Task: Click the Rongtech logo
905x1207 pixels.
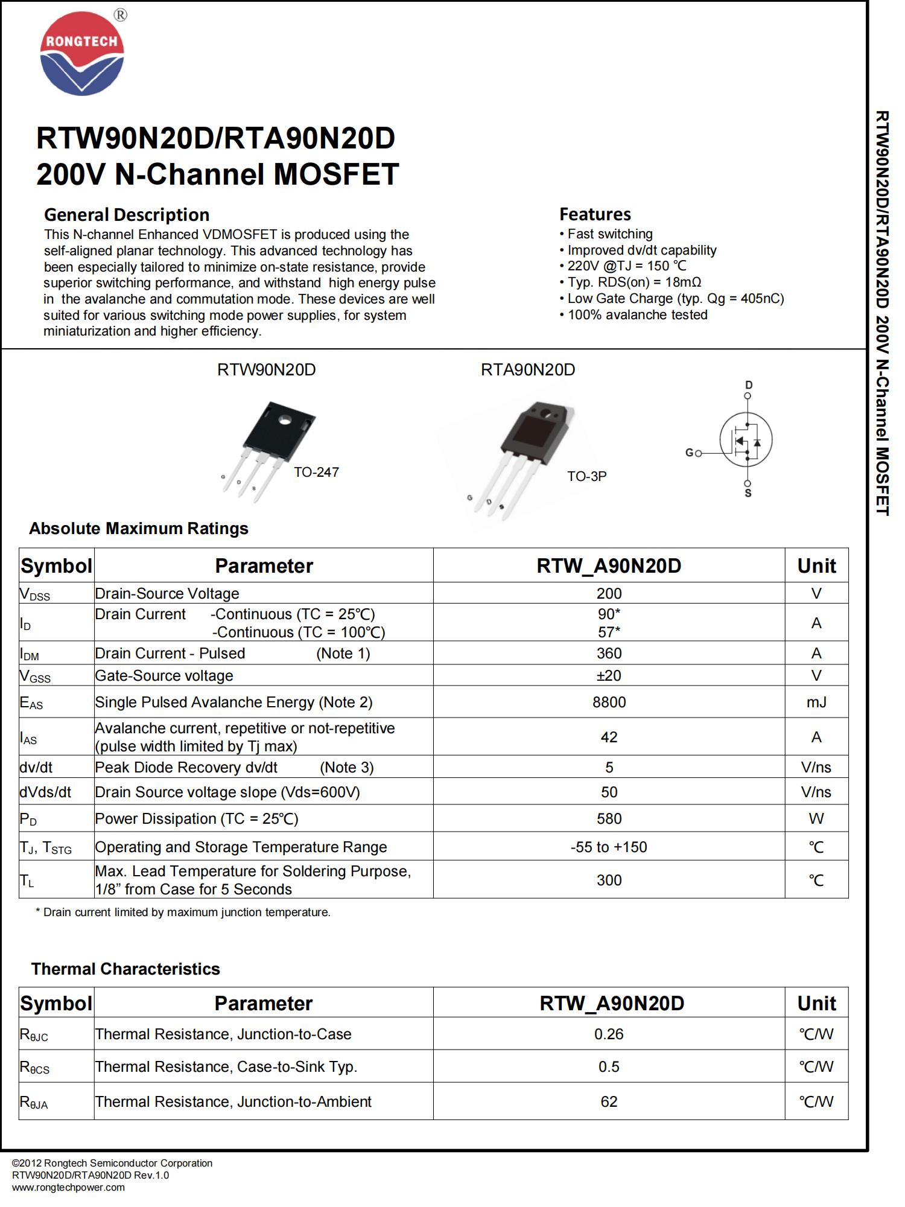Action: (x=82, y=56)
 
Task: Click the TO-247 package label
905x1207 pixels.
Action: (x=316, y=473)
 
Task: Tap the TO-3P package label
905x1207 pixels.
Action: (x=586, y=476)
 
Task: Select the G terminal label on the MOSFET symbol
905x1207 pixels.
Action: (x=690, y=453)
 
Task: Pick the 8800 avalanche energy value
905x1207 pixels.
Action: (x=609, y=702)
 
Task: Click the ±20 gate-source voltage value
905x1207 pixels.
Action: (x=609, y=675)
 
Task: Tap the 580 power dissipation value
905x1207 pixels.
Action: (x=609, y=818)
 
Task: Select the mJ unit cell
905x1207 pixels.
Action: (x=816, y=702)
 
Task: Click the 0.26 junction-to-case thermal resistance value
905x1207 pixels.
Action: (x=609, y=1034)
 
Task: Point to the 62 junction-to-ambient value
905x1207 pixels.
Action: (x=609, y=1101)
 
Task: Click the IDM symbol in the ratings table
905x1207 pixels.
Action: (x=30, y=654)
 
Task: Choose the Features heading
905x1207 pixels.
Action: (x=595, y=214)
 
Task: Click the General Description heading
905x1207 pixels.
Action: (x=127, y=215)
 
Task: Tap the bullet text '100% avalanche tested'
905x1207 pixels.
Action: (x=637, y=315)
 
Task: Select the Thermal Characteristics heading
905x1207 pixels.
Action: (x=125, y=969)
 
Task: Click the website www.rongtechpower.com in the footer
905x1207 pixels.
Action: (x=68, y=1187)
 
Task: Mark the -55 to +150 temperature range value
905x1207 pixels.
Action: (x=609, y=847)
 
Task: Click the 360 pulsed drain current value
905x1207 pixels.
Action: (x=609, y=653)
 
